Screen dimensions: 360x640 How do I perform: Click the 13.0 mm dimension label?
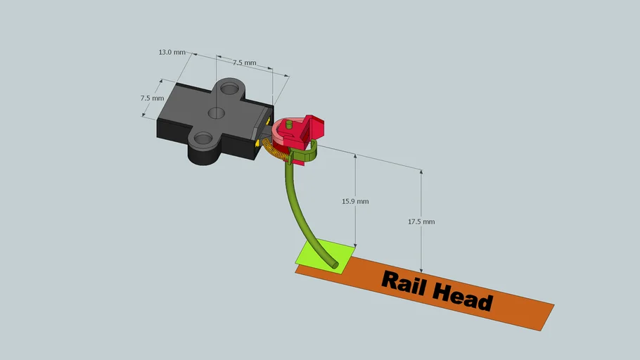coord(172,53)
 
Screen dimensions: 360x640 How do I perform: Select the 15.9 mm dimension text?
coord(355,201)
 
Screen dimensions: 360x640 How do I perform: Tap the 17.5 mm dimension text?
coord(421,221)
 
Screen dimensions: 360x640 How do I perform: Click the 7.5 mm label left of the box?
coord(152,98)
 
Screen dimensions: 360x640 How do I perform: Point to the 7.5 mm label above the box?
coord(244,63)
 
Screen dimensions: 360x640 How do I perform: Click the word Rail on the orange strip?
coord(404,283)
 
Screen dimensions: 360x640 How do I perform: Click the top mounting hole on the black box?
coord(228,89)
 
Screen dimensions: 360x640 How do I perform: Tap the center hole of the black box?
coord(217,112)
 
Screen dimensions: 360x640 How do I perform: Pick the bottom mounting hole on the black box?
coord(203,139)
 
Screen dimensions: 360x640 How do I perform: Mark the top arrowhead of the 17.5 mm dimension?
coord(421,172)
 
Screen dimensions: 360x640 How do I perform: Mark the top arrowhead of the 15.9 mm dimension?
coord(355,157)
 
